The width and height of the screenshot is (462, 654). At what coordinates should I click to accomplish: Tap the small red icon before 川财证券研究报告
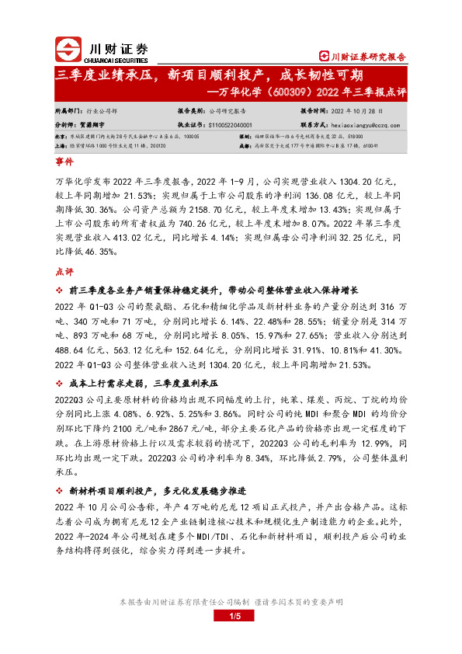[x=325, y=57]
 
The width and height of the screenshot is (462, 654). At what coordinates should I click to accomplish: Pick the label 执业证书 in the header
[x=190, y=123]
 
